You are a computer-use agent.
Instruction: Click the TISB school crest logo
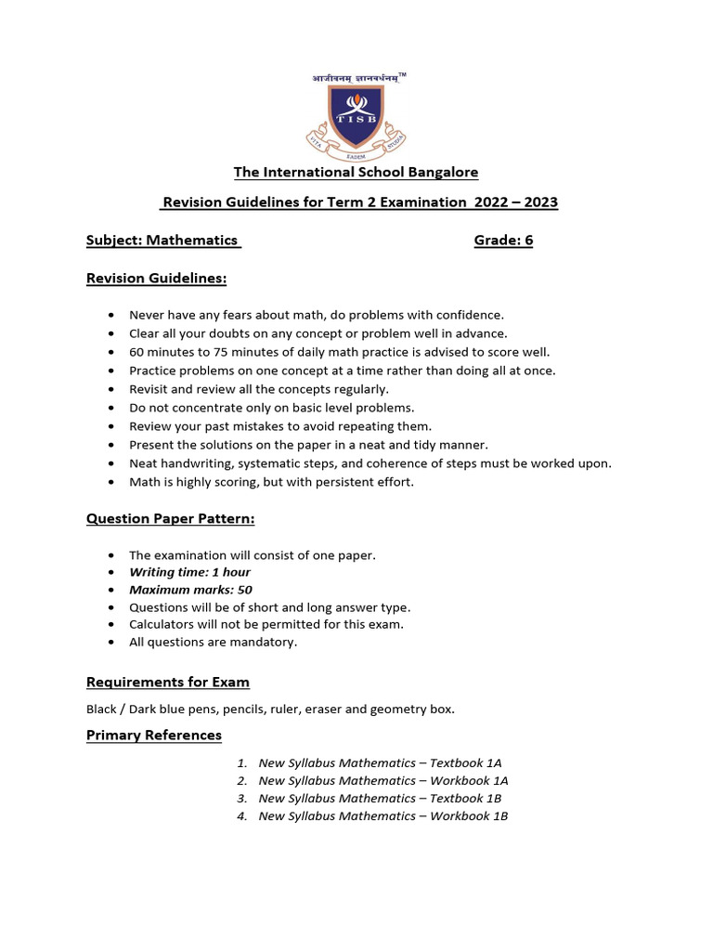click(x=356, y=118)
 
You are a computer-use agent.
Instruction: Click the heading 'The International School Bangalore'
click(x=356, y=172)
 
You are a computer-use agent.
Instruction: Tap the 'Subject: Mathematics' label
click(x=163, y=241)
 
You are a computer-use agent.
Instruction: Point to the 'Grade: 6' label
click(x=503, y=241)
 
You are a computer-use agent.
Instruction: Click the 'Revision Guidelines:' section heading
click(x=156, y=278)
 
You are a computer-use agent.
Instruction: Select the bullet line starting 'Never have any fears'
click(x=317, y=315)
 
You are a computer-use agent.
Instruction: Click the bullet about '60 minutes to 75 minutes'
click(x=339, y=352)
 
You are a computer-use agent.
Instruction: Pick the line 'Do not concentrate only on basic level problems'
click(x=271, y=408)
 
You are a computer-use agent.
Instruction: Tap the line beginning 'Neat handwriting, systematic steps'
click(x=369, y=463)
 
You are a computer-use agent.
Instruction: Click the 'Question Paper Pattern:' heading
click(x=170, y=518)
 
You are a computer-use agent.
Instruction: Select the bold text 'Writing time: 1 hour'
click(x=189, y=572)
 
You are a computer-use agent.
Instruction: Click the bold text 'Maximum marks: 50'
click(x=190, y=590)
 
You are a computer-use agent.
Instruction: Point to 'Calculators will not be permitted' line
click(x=266, y=624)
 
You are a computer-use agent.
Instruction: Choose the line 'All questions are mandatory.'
click(x=213, y=642)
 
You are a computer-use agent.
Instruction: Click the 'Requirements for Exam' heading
click(x=168, y=682)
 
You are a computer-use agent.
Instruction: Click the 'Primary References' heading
click(x=154, y=735)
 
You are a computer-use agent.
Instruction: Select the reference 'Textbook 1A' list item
click(x=380, y=762)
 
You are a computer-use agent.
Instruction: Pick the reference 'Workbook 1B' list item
click(x=382, y=815)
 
